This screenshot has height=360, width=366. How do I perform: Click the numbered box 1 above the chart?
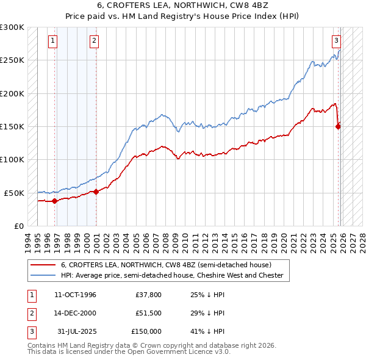coord(53,41)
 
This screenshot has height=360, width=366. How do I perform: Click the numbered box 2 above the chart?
coord(95,41)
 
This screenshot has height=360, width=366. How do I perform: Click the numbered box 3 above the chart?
coord(336,41)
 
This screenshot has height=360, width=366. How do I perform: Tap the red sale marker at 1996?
coord(55,200)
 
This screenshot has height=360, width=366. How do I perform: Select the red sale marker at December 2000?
coord(96,192)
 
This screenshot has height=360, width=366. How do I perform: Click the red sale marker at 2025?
coord(338,126)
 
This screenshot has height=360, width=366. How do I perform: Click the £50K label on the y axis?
coord(14,192)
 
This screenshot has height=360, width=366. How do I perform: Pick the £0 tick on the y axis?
coord(18,225)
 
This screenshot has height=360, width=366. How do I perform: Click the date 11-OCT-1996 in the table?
coord(75,295)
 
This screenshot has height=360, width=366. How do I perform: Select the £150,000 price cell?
coord(146,331)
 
